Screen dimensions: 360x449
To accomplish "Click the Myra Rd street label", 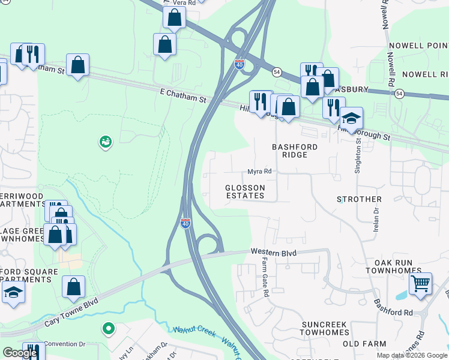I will click(x=259, y=172).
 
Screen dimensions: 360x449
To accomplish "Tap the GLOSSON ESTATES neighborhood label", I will click(x=245, y=191).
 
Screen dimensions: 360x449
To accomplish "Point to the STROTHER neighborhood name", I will click(x=359, y=199).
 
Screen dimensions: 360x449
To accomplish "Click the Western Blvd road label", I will click(x=274, y=253).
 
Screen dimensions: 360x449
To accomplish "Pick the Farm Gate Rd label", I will click(x=265, y=278).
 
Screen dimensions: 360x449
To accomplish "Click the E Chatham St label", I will click(x=182, y=93).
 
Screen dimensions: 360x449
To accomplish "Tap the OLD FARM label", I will click(x=363, y=344).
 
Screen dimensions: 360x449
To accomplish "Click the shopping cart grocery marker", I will click(x=421, y=283).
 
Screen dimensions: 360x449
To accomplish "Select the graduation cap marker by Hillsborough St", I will click(x=351, y=118).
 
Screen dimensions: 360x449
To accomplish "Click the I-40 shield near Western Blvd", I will click(x=186, y=223).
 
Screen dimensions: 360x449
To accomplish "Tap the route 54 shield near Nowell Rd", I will click(x=399, y=93).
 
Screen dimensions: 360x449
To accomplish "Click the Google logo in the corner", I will click(x=20, y=353).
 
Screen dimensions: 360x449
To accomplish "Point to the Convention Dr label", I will click(x=65, y=344).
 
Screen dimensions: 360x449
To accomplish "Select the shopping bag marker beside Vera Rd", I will click(x=174, y=19).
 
